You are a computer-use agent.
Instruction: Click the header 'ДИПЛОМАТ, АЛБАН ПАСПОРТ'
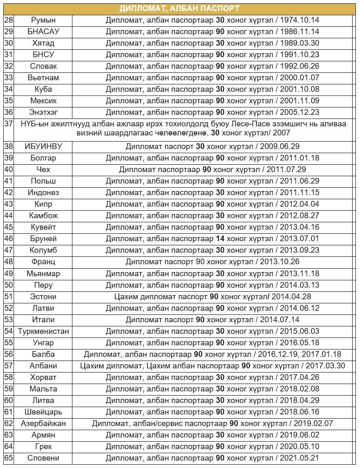pos(179,9)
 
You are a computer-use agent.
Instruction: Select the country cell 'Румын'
pos(43,20)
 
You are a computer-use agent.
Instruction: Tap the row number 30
pos(9,43)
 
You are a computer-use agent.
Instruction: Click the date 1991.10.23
pos(300,54)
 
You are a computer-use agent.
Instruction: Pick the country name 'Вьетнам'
pos(43,77)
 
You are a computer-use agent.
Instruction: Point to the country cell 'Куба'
pos(43,89)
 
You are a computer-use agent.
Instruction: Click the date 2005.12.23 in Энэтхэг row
pos(300,112)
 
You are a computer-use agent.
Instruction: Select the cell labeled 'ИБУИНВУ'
pos(43,146)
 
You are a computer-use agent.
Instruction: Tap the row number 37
pos(9,124)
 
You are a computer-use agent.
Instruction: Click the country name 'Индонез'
pos(43,192)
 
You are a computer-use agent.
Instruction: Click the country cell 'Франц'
pos(43,261)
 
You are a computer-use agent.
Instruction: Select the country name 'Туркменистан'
pos(43,331)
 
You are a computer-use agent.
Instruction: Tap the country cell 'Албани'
pos(43,366)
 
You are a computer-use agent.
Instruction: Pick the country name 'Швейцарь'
pos(43,412)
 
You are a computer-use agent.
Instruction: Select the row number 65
pos(9,458)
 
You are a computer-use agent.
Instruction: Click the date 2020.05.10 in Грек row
pos(300,446)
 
